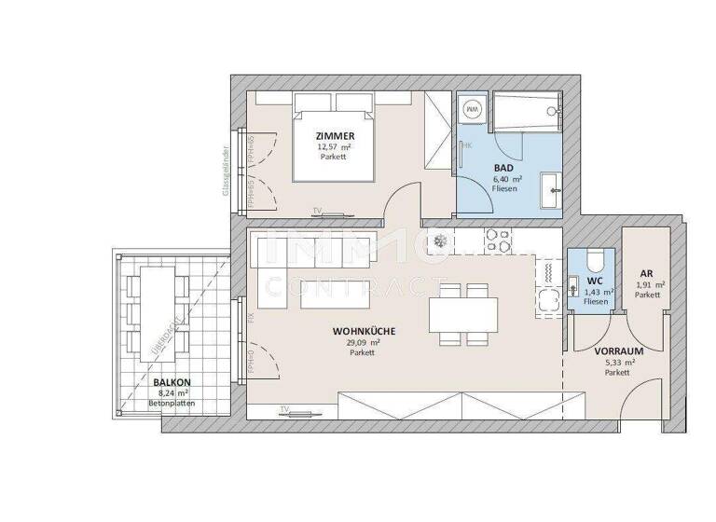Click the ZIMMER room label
click(335, 136)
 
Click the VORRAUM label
click(615, 352)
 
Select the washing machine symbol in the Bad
click(472, 110)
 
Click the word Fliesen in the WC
click(596, 302)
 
